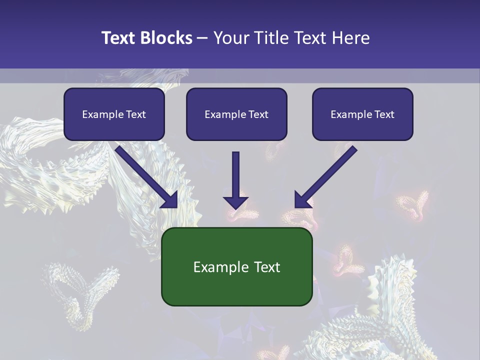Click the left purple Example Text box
[114, 114]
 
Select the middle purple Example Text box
[236, 114]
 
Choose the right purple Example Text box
[362, 114]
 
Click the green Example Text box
[236, 267]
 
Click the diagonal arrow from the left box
[145, 175]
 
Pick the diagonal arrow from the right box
[327, 175]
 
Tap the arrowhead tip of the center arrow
[235, 207]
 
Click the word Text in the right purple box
[383, 114]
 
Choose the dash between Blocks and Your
[203, 38]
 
